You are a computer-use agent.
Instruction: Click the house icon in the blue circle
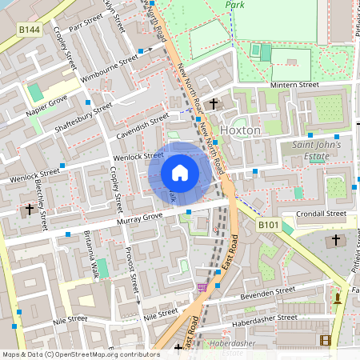coord(180,172)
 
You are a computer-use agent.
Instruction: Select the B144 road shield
coord(30,29)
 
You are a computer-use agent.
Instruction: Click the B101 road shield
coord(269,227)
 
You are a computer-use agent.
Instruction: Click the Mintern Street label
coord(294,84)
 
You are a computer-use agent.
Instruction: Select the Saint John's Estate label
coord(316,150)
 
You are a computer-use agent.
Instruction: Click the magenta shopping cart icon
coord(202,286)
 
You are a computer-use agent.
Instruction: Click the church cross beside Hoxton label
coord(214,104)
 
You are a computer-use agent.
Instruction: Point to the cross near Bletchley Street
coord(30,210)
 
